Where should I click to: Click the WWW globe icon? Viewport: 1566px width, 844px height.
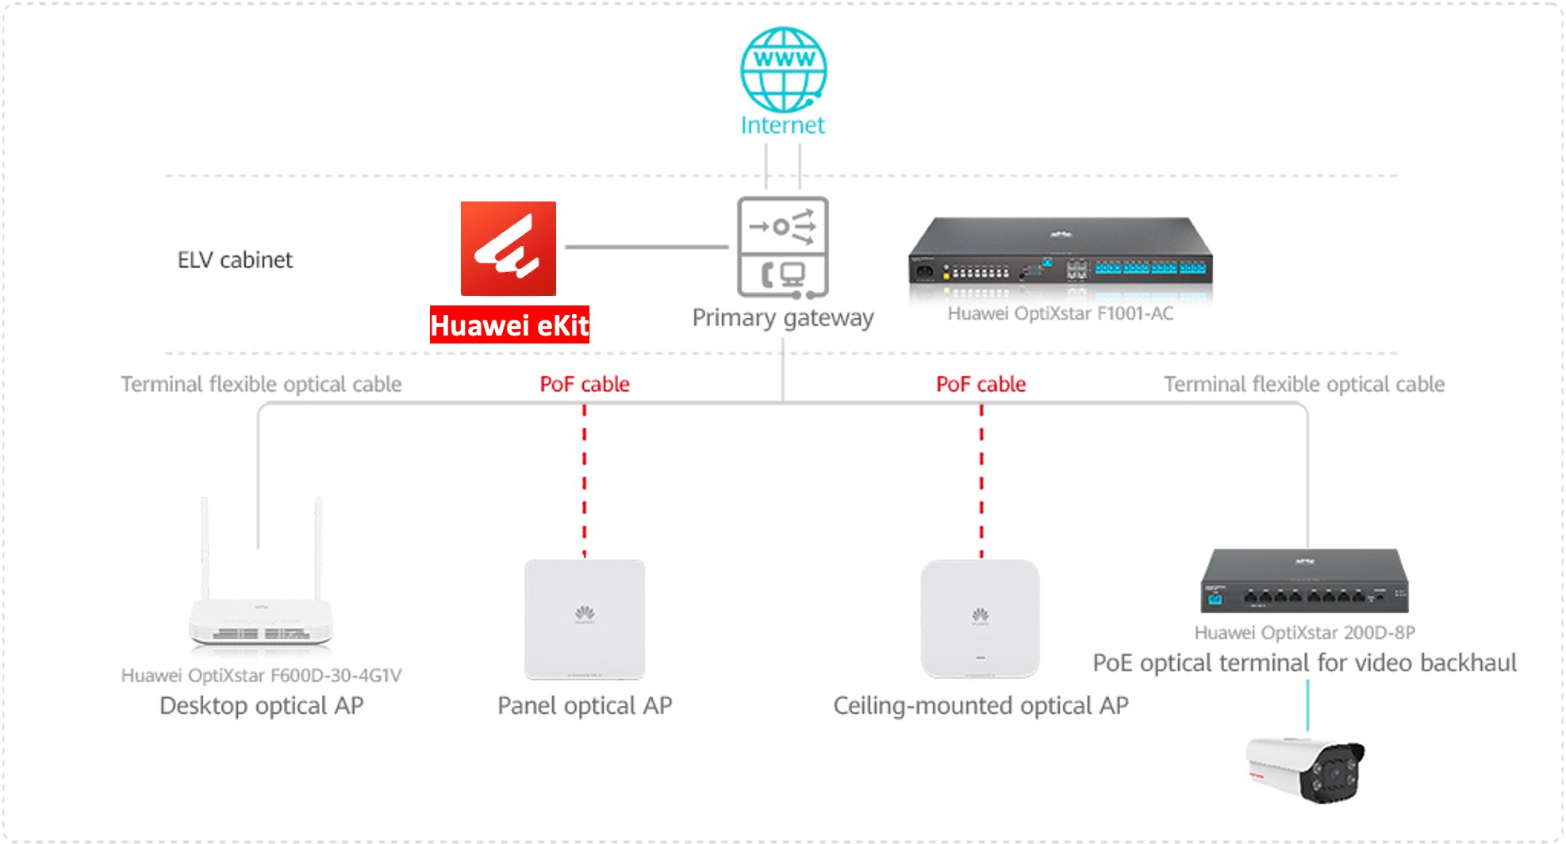point(783,70)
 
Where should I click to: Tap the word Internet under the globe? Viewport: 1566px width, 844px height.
point(783,125)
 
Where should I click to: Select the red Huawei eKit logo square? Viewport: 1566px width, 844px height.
point(509,248)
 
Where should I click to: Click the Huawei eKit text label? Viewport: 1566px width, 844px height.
point(509,324)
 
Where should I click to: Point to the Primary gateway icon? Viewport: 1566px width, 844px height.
point(783,247)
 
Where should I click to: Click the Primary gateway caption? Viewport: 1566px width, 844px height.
point(783,318)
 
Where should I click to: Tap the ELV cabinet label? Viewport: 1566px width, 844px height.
point(235,260)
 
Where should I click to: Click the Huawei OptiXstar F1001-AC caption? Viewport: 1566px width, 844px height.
point(1061,313)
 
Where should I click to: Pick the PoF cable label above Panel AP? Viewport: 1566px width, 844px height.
point(585,385)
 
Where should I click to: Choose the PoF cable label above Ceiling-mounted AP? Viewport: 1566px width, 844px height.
point(981,385)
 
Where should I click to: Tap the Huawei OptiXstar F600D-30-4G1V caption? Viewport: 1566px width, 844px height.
point(261,675)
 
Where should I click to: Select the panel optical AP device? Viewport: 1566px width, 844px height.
point(585,620)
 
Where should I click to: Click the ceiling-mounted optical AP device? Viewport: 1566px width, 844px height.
point(981,619)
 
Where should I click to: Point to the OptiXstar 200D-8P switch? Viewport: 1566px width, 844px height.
point(1305,581)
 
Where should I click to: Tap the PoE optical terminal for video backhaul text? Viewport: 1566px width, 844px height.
point(1305,663)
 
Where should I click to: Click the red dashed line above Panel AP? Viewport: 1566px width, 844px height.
point(585,481)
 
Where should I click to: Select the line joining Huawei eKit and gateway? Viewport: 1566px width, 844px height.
point(647,247)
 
